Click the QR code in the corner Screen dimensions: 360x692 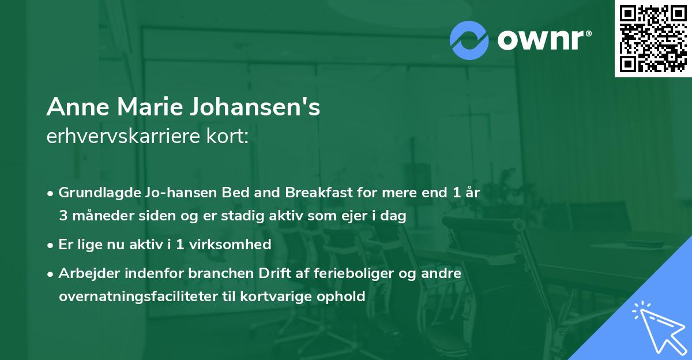[652, 38]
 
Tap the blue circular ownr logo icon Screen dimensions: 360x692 [470, 40]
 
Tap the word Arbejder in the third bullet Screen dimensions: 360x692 [86, 273]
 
